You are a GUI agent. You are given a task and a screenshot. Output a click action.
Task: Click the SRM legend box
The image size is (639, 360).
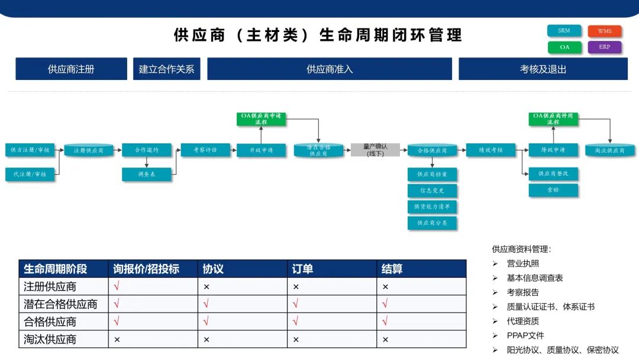click(564, 31)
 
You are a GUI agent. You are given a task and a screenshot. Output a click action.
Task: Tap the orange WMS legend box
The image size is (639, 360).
click(605, 31)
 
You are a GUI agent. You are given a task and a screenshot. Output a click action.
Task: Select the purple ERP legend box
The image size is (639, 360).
click(605, 47)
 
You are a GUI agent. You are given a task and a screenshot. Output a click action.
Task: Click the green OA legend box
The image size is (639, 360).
click(564, 47)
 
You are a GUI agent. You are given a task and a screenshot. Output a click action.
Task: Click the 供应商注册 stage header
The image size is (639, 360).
click(71, 69)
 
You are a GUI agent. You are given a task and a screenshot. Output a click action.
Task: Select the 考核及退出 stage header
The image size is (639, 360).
click(543, 69)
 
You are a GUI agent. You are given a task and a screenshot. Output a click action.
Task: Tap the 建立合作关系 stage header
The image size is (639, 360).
click(166, 69)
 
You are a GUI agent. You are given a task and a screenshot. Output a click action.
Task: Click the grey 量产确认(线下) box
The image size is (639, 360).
click(375, 150)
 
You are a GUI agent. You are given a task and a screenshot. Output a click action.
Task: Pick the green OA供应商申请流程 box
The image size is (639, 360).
click(262, 118)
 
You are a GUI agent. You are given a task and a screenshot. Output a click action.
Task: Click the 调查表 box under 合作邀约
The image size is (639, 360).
click(146, 175)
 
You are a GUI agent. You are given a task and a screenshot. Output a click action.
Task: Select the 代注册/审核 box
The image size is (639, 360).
click(30, 174)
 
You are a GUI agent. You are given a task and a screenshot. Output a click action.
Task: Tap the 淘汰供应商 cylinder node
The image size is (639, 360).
click(609, 150)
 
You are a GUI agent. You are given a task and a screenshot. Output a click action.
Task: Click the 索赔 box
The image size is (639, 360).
click(553, 190)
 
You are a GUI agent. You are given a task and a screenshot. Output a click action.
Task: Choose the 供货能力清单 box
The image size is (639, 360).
click(432, 207)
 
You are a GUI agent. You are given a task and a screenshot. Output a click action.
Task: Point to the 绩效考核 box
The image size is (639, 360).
click(490, 150)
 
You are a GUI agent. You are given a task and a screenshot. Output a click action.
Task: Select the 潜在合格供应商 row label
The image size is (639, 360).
click(60, 304)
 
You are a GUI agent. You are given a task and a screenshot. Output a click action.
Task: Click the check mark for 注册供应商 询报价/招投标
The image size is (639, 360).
click(117, 287)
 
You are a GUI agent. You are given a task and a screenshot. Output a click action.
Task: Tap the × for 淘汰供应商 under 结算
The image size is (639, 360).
click(385, 340)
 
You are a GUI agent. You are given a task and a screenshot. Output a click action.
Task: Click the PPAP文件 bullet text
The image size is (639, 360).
click(525, 336)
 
